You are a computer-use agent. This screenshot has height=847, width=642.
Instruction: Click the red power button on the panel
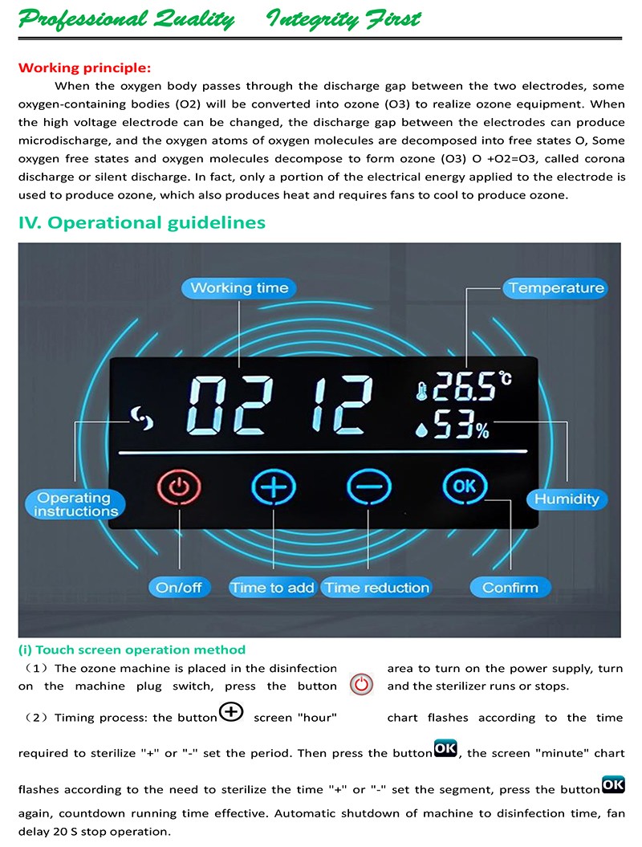pyautogui.click(x=179, y=487)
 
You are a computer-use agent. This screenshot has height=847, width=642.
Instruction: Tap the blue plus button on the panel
pyautogui.click(x=274, y=487)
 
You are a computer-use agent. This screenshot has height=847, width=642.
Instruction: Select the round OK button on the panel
pyautogui.click(x=464, y=486)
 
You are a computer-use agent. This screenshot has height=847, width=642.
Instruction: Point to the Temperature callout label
pyautogui.click(x=556, y=287)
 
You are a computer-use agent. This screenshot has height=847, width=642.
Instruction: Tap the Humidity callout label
pyautogui.click(x=567, y=499)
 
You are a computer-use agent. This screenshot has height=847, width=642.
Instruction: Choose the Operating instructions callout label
pyautogui.click(x=75, y=504)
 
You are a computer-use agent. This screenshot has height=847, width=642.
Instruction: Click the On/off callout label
pyautogui.click(x=179, y=588)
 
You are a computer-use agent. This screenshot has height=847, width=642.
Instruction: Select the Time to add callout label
pyautogui.click(x=272, y=588)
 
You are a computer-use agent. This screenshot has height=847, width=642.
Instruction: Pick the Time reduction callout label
pyautogui.click(x=376, y=588)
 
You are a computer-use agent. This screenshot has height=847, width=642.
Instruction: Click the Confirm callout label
pyautogui.click(x=510, y=588)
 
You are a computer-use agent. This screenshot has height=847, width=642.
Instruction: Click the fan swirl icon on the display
pyautogui.click(x=143, y=417)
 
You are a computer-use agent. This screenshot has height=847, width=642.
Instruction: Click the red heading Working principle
pyautogui.click(x=84, y=68)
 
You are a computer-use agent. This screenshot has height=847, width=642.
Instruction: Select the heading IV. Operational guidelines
pyautogui.click(x=141, y=222)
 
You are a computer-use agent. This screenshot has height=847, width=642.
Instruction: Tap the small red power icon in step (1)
pyautogui.click(x=363, y=685)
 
